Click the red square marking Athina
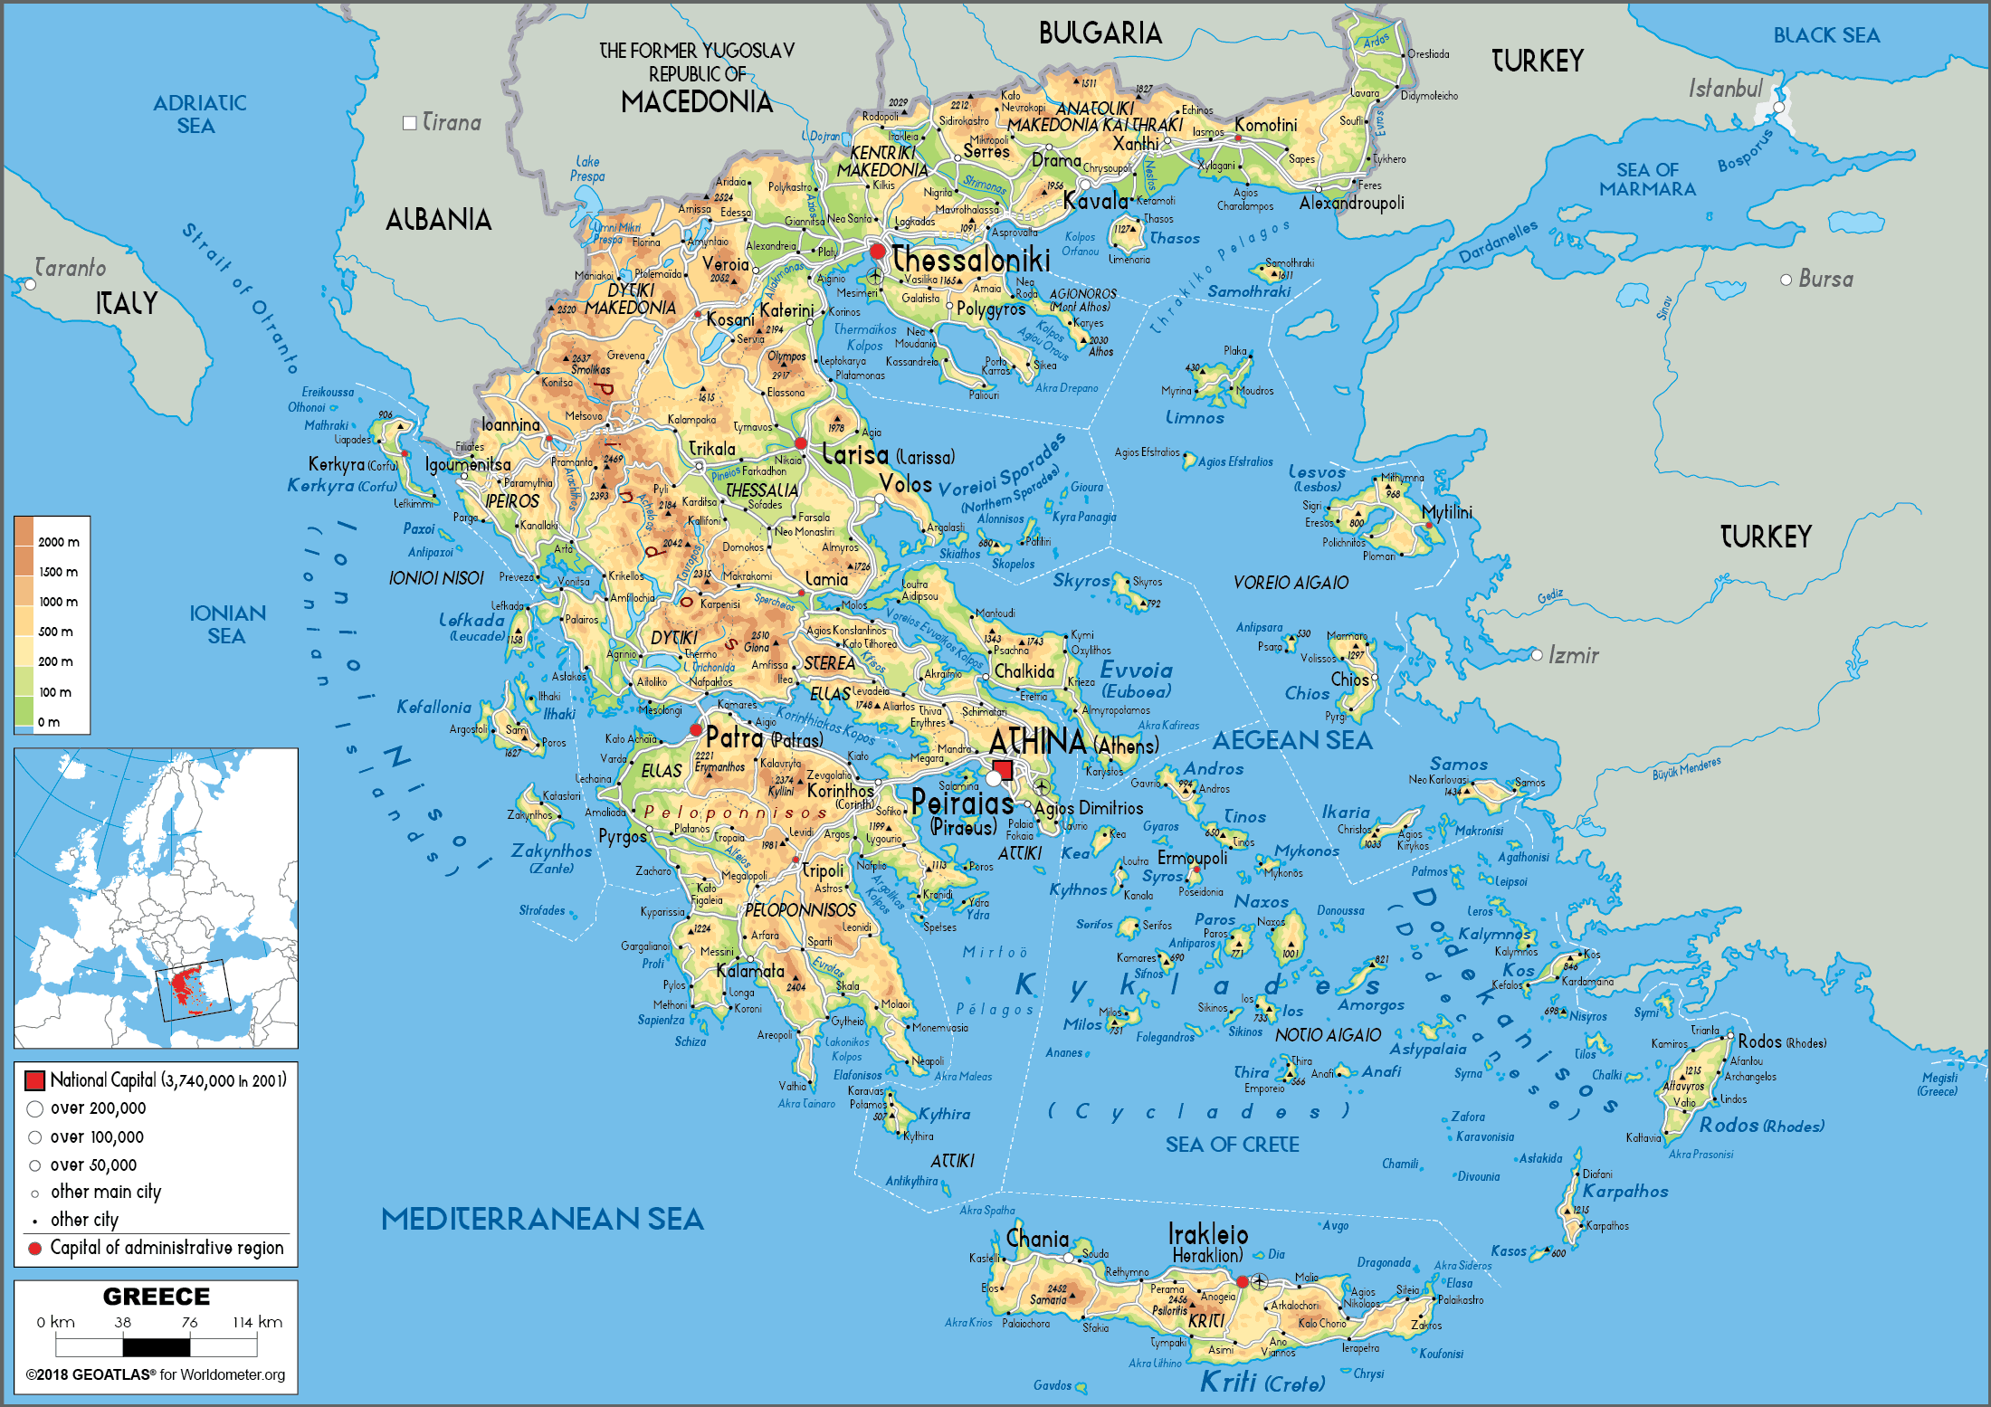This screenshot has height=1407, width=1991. tap(1003, 770)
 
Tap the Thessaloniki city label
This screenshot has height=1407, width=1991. tap(971, 260)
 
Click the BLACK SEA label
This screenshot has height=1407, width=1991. tap(1826, 35)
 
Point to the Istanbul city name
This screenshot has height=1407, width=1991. tap(1725, 89)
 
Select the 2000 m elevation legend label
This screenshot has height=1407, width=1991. tap(58, 542)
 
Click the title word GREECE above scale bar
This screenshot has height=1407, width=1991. tap(156, 1297)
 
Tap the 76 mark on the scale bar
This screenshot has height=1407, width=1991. tap(189, 1322)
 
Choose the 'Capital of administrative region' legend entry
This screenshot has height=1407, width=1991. tap(167, 1248)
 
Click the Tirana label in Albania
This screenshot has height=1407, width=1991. tap(452, 122)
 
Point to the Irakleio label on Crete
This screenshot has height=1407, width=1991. tap(1207, 1234)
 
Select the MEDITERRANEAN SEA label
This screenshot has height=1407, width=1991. tap(542, 1219)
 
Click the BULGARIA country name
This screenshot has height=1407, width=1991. tap(1100, 33)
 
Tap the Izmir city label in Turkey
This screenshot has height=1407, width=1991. tap(1573, 655)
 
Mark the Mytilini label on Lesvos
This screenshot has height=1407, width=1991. tap(1446, 512)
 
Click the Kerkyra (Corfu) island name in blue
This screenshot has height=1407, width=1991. tap(341, 486)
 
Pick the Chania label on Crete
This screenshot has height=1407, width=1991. tap(1037, 1239)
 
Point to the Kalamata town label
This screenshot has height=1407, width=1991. tap(750, 971)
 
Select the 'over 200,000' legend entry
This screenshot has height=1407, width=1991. tap(98, 1108)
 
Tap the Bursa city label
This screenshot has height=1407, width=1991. tap(1825, 280)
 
